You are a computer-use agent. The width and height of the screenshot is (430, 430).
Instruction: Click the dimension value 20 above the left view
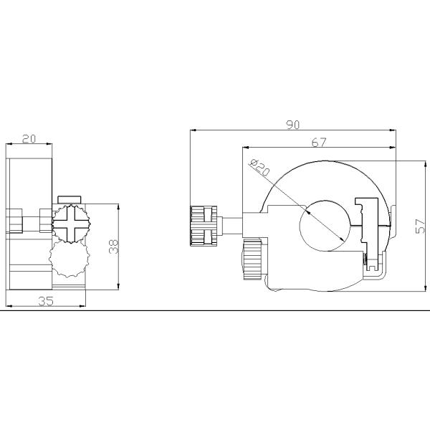click(x=29, y=139)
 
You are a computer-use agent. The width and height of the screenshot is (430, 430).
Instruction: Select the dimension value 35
click(x=45, y=301)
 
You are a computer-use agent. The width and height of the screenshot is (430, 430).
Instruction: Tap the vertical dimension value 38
click(x=113, y=247)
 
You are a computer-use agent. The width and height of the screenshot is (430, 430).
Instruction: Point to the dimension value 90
click(x=292, y=125)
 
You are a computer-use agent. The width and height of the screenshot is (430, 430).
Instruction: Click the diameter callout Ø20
click(x=261, y=169)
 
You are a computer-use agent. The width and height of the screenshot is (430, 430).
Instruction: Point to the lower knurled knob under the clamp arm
click(x=252, y=259)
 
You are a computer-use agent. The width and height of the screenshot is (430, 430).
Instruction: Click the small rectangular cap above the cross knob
click(x=70, y=199)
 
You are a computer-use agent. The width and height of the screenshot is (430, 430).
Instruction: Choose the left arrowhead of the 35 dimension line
click(x=8, y=307)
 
